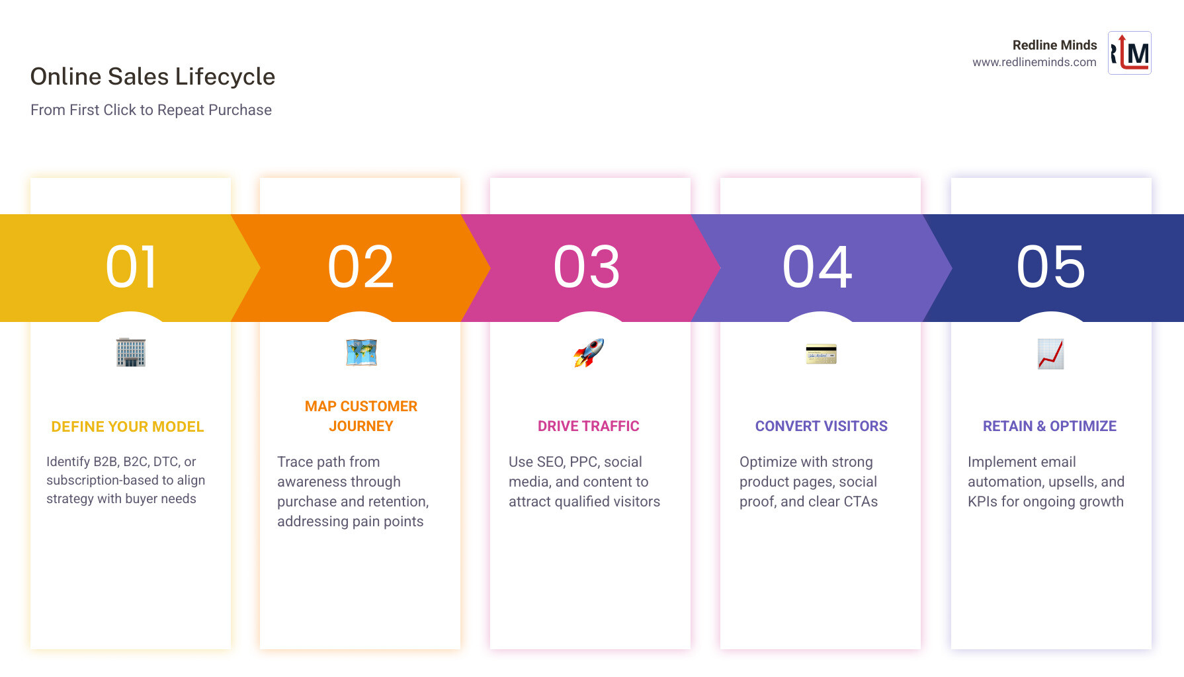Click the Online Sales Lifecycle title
point(153,77)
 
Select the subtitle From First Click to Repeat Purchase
point(151,110)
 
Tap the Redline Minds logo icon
point(1129,53)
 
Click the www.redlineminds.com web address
point(1034,62)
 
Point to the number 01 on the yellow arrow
point(131,267)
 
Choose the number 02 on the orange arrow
point(361,267)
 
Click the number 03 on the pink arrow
point(587,267)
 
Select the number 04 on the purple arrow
point(818,267)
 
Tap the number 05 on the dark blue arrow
point(1051,267)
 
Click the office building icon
point(131,352)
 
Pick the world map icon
point(361,352)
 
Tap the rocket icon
point(589,353)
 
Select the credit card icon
point(821,354)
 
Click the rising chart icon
point(1050,354)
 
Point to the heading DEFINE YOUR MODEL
point(128,427)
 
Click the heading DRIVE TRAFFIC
point(589,426)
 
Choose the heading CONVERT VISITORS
point(822,426)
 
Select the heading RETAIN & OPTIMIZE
point(1050,426)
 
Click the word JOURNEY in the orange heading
point(361,426)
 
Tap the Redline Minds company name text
point(1054,45)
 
